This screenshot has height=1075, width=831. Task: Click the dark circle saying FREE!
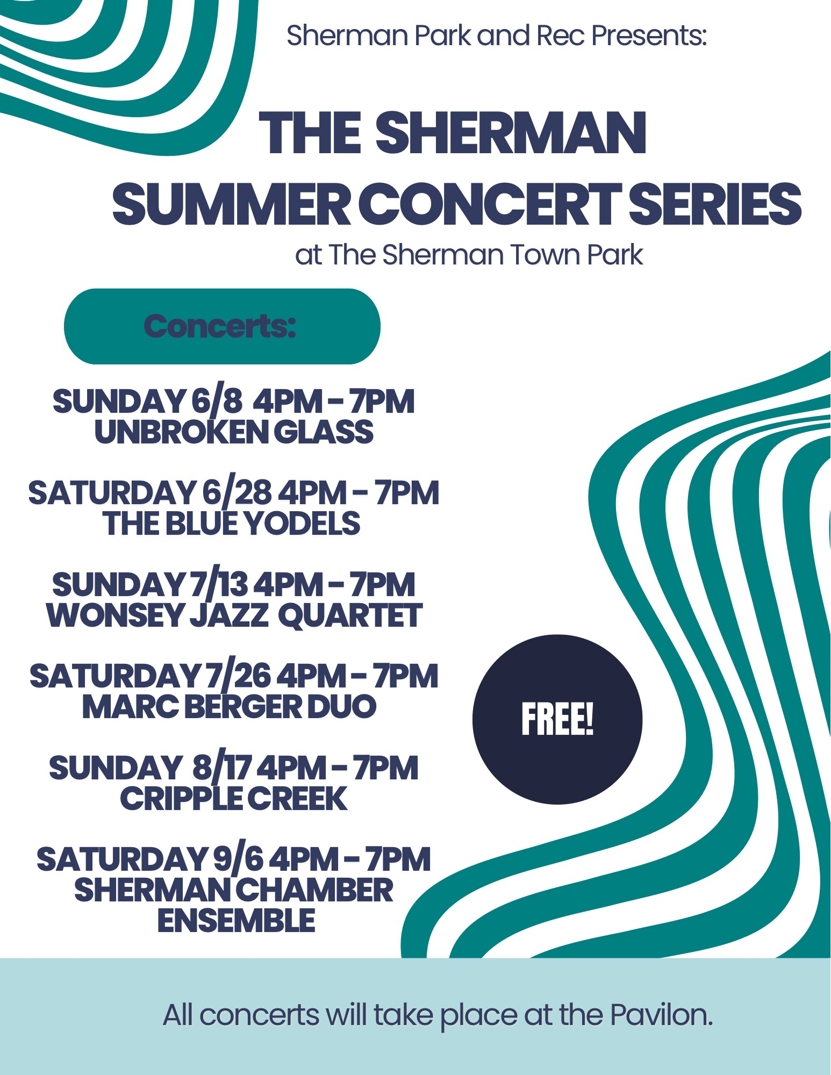point(557,719)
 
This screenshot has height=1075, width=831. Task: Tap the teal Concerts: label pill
point(222,326)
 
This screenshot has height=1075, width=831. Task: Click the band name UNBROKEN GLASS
point(234,432)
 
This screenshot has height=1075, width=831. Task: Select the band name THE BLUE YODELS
point(232,524)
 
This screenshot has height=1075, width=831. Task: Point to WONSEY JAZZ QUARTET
point(234,615)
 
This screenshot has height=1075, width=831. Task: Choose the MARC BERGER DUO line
point(230,706)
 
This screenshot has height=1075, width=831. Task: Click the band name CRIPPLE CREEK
point(234,798)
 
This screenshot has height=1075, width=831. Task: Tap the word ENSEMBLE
point(237,920)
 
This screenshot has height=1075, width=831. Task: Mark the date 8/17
point(223,767)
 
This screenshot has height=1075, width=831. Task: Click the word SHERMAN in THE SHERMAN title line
point(511,133)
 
